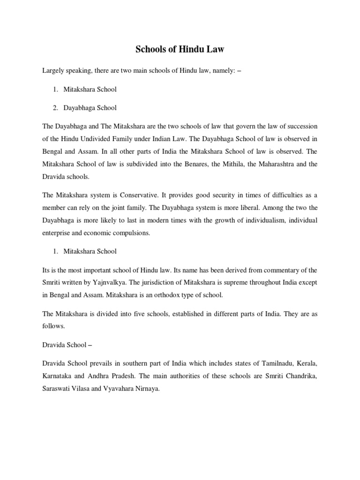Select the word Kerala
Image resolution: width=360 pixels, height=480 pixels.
pos(306,363)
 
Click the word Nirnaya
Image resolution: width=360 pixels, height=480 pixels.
pos(147,389)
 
